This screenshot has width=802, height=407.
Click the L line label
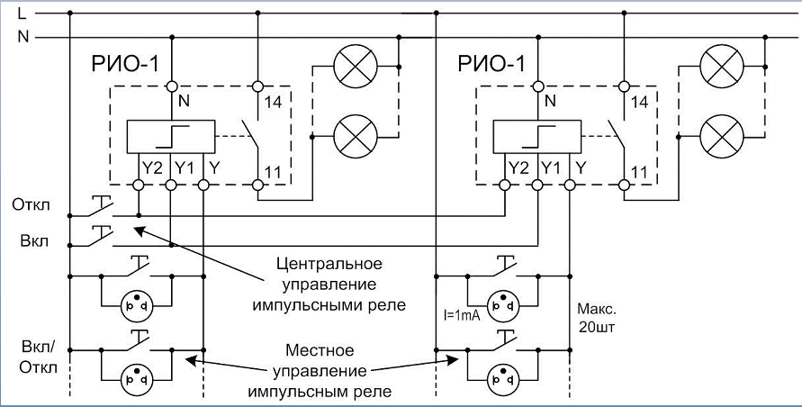pos(23,13)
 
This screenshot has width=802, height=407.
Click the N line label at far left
pos(23,38)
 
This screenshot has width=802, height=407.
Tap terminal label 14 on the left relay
pos(274,103)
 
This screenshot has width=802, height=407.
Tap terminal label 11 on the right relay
pos(640,171)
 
